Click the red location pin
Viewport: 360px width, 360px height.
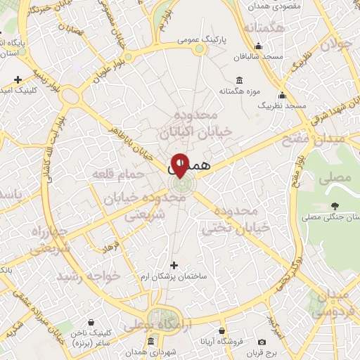(x=180, y=165)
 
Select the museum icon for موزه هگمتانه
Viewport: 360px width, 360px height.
(x=239, y=79)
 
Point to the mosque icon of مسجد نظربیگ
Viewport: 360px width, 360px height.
(x=282, y=95)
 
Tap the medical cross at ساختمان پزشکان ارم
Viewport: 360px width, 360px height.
(x=175, y=265)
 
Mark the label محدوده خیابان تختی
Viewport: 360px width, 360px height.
(x=236, y=221)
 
